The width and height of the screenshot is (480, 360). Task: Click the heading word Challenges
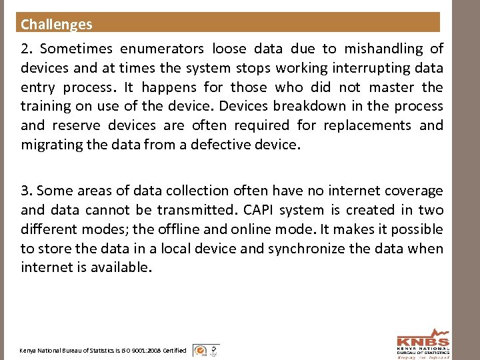click(x=57, y=25)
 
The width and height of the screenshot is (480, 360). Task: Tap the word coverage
click(x=411, y=191)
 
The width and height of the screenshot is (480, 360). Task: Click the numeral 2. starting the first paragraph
click(x=27, y=49)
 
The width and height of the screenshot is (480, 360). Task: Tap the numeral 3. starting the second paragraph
click(x=27, y=191)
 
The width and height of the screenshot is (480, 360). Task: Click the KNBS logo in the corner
click(x=423, y=343)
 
